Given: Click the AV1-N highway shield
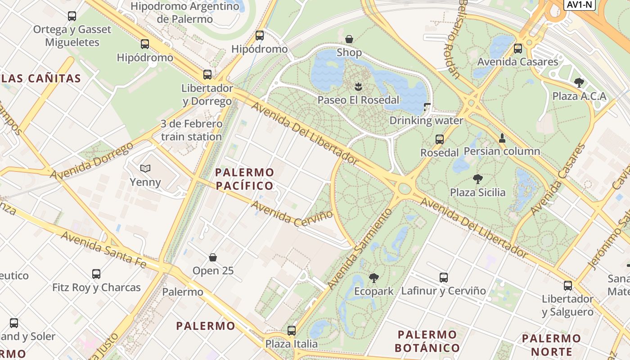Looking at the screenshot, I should [x=580, y=5].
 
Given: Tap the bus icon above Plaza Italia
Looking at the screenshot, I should [x=291, y=331].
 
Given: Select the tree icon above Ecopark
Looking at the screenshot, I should [x=373, y=278].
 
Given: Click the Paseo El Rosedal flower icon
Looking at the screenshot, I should [x=358, y=86].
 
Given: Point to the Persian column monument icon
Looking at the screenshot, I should [x=502, y=138].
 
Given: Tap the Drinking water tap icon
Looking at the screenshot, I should [x=427, y=108].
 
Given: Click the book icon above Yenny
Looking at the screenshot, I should [x=145, y=169].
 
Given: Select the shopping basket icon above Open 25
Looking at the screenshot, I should [x=213, y=257].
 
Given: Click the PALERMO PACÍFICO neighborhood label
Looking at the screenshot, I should [x=244, y=179].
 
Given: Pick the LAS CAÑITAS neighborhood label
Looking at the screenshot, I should [x=40, y=79].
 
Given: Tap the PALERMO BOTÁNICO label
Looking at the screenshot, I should [x=427, y=341].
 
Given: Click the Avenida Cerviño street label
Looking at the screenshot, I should [x=292, y=214].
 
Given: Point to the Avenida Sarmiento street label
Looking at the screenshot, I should [x=360, y=249].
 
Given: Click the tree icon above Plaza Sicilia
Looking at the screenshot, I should [x=477, y=179].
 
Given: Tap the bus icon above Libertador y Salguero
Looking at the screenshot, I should [x=567, y=285].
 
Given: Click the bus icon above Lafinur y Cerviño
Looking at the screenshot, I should [x=443, y=278].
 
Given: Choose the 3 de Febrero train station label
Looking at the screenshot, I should [x=191, y=130].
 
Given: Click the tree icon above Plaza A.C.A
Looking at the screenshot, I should [x=579, y=83].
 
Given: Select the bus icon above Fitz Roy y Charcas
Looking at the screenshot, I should [x=96, y=274].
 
